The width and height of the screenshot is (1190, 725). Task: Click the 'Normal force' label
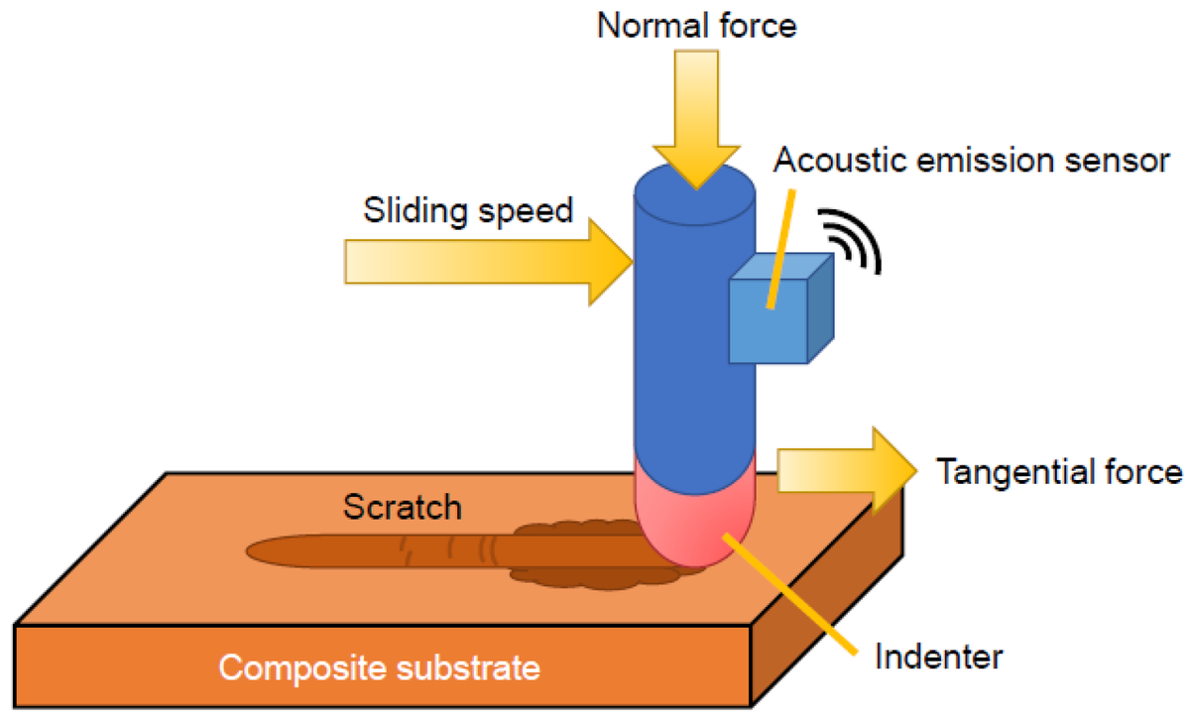(696, 26)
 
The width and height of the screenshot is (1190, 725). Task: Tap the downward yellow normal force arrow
(696, 119)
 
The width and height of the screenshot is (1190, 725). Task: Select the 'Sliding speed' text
(468, 211)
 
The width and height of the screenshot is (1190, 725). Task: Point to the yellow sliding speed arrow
(489, 262)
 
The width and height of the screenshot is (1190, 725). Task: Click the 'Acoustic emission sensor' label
(972, 160)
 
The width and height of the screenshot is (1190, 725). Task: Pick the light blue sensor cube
(781, 308)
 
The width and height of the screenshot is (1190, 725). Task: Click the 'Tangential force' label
(1059, 472)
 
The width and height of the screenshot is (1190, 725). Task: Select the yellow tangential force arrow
(847, 470)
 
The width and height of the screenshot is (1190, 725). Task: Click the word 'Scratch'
(403, 507)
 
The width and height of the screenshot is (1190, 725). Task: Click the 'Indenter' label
(939, 657)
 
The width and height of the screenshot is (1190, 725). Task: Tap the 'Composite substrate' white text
(379, 667)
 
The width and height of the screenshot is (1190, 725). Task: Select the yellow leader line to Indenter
(790, 594)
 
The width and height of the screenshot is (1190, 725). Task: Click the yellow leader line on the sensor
(781, 249)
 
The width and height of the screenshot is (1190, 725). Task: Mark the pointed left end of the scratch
(247, 551)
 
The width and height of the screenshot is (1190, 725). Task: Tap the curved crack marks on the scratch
(450, 549)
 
